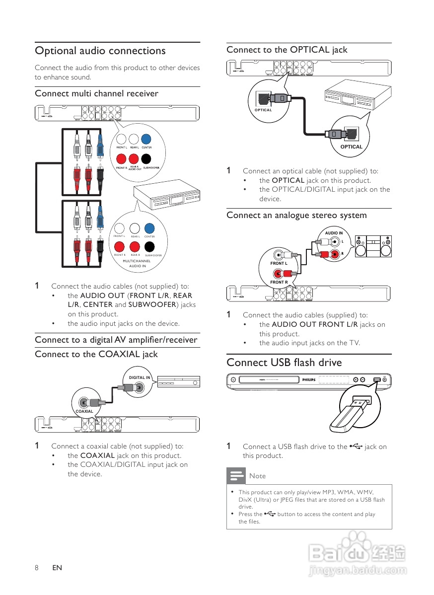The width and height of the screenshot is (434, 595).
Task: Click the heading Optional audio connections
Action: coord(100,51)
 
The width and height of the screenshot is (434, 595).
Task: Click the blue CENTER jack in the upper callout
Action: coord(146,139)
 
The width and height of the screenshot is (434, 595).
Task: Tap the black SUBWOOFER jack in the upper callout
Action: coord(146,159)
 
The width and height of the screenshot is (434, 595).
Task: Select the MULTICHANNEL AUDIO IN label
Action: coord(137,263)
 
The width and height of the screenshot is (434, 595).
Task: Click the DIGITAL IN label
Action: coord(140,377)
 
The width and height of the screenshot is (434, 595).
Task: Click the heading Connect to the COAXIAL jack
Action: coord(96,354)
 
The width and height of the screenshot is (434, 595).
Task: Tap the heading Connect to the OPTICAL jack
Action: coord(287,50)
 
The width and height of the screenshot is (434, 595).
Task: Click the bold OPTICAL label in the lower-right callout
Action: coord(351,147)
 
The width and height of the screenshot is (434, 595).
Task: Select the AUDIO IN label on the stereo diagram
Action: coord(334,233)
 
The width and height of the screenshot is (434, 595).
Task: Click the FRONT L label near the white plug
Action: coord(279,263)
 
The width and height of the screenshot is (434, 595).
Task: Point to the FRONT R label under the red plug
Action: coord(279,282)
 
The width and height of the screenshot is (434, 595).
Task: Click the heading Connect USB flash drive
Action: coord(284,363)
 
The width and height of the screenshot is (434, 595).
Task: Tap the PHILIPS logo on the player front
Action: coord(309,380)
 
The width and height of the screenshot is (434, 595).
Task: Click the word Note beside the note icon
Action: coord(257,476)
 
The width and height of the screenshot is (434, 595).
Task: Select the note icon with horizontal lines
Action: coord(236,475)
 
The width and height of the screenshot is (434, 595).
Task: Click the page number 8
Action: coord(37,567)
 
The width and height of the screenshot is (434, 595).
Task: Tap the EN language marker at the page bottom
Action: coord(57,567)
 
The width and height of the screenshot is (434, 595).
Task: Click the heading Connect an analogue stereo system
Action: coord(296,215)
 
